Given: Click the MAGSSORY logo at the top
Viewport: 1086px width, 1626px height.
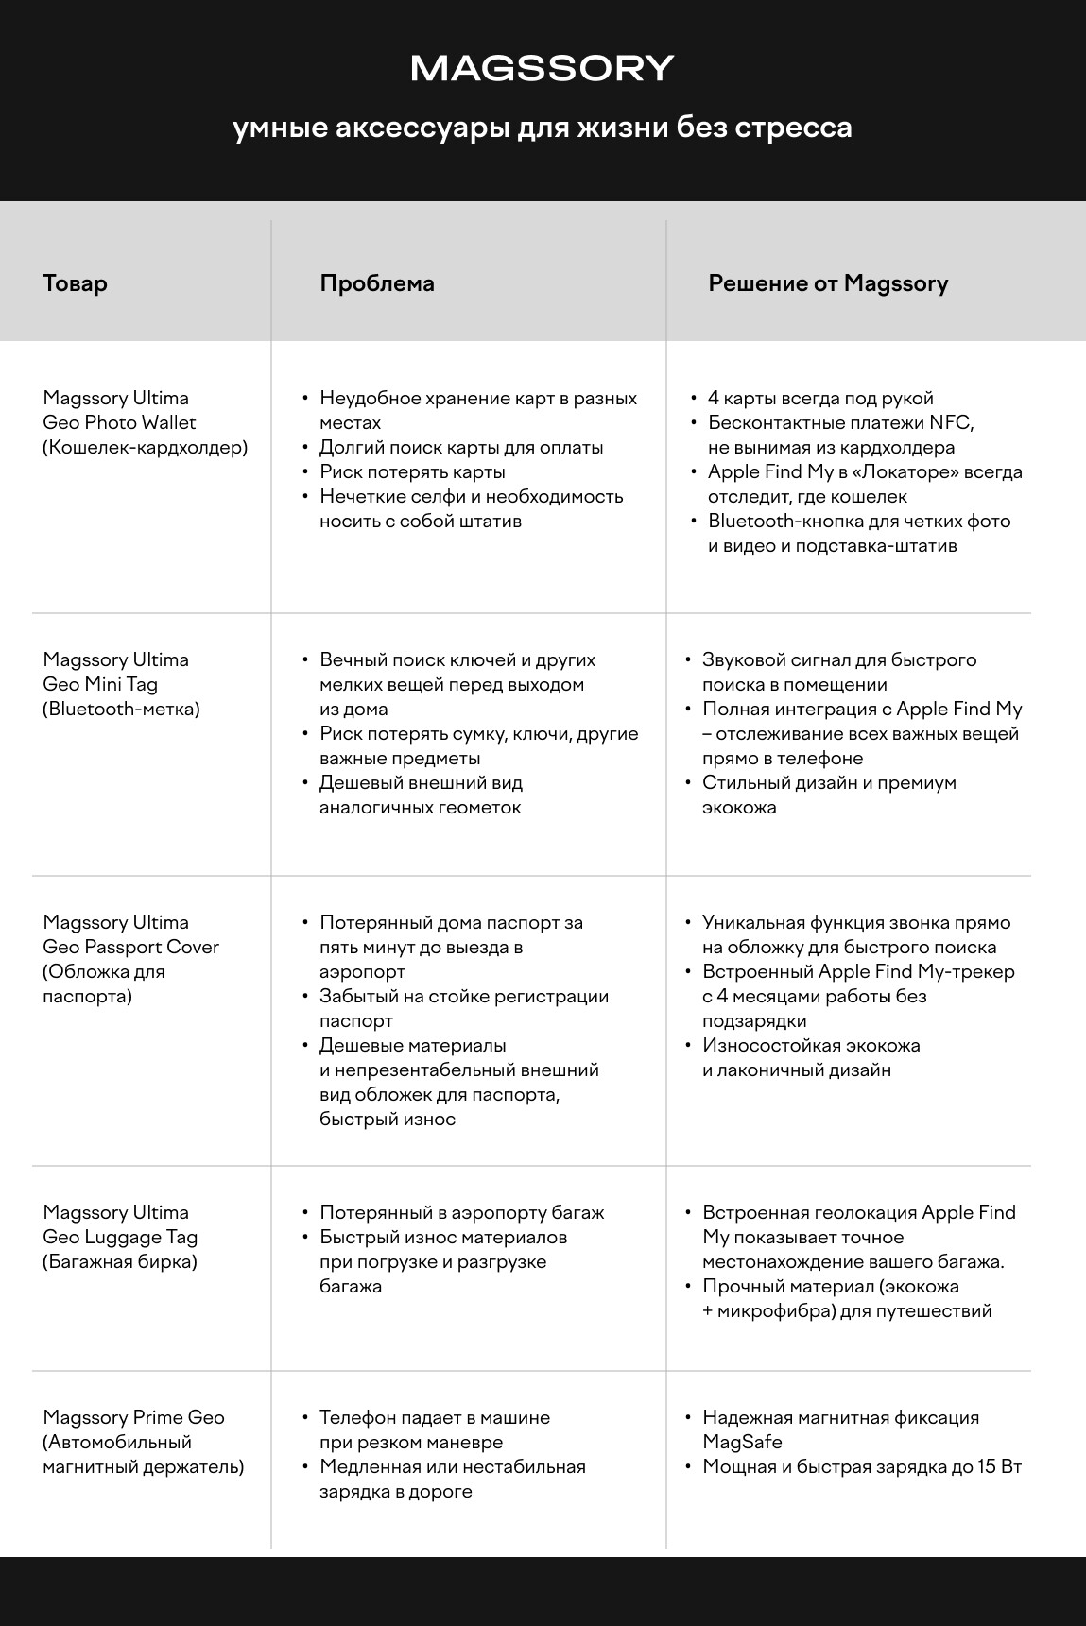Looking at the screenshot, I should pos(543,68).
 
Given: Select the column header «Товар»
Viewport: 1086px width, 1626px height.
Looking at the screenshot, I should pos(75,283).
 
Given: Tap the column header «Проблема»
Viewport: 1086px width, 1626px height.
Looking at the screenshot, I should pos(377,283).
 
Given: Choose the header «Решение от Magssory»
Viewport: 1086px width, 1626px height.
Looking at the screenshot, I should pos(828,283).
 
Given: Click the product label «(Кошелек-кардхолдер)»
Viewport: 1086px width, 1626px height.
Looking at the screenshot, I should pos(145,447).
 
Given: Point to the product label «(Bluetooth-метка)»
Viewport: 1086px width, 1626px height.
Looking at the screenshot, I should pos(121,709).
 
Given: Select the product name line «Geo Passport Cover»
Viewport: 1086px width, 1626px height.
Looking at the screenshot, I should pos(130,947).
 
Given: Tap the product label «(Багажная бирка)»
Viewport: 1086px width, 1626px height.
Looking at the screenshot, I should pos(120,1261).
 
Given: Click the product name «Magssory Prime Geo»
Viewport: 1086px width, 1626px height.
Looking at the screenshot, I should pos(133,1417).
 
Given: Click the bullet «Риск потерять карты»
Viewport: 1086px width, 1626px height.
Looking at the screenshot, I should pos(412,471).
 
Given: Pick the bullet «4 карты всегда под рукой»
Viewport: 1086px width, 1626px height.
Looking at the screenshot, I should pos(820,398).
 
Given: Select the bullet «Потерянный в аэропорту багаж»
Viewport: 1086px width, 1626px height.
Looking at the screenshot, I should pos(461,1212).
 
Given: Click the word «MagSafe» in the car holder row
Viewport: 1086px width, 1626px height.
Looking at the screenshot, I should pos(742,1442).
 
